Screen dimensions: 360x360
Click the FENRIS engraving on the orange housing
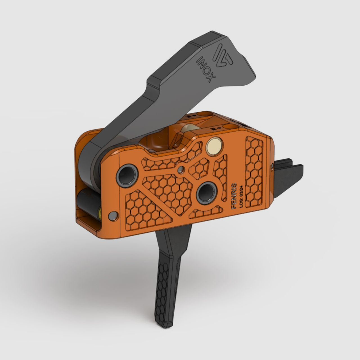pos(233,195)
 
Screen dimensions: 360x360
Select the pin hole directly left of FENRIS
pos(204,193)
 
